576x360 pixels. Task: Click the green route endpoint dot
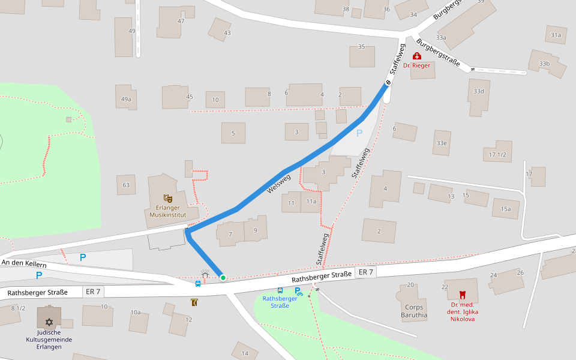pyautogui.click(x=223, y=277)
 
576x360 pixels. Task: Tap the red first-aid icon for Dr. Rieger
pyautogui.click(x=416, y=56)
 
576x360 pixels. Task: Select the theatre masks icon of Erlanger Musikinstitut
pyautogui.click(x=168, y=198)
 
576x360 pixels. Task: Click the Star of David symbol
pyautogui.click(x=49, y=322)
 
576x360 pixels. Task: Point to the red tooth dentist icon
pyautogui.click(x=462, y=295)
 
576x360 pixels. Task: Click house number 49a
pyautogui.click(x=126, y=99)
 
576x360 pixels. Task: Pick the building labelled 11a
pyautogui.click(x=311, y=202)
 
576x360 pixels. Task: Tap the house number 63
pyautogui.click(x=126, y=185)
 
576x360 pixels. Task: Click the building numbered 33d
pyautogui.click(x=478, y=91)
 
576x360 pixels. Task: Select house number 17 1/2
pyautogui.click(x=497, y=155)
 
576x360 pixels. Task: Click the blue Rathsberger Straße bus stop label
pyautogui.click(x=280, y=302)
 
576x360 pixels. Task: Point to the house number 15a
pyautogui.click(x=506, y=209)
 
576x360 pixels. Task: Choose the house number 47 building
pyautogui.click(x=181, y=21)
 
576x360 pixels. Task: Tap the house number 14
pyautogui.click(x=245, y=353)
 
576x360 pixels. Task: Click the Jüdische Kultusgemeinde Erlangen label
pyautogui.click(x=49, y=340)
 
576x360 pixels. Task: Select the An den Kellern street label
pyautogui.click(x=24, y=263)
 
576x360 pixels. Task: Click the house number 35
pyautogui.click(x=361, y=47)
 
